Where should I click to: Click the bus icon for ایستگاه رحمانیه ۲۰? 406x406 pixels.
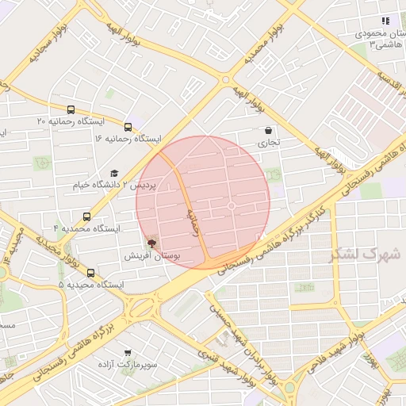click(x=71, y=110)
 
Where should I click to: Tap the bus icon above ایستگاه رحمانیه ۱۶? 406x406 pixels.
click(x=128, y=126)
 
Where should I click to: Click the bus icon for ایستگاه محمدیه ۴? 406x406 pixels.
click(x=86, y=216)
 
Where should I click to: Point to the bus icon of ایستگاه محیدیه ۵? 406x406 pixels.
click(x=90, y=273)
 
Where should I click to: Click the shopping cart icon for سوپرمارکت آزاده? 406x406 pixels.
click(x=128, y=352)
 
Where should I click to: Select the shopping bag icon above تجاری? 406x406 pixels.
click(x=268, y=131)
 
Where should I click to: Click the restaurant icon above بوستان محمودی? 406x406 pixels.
click(x=385, y=21)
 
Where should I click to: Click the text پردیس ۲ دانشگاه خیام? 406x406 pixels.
click(x=120, y=185)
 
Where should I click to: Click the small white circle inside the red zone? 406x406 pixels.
click(x=232, y=206)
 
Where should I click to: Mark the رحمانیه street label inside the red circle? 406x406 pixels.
click(x=193, y=222)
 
